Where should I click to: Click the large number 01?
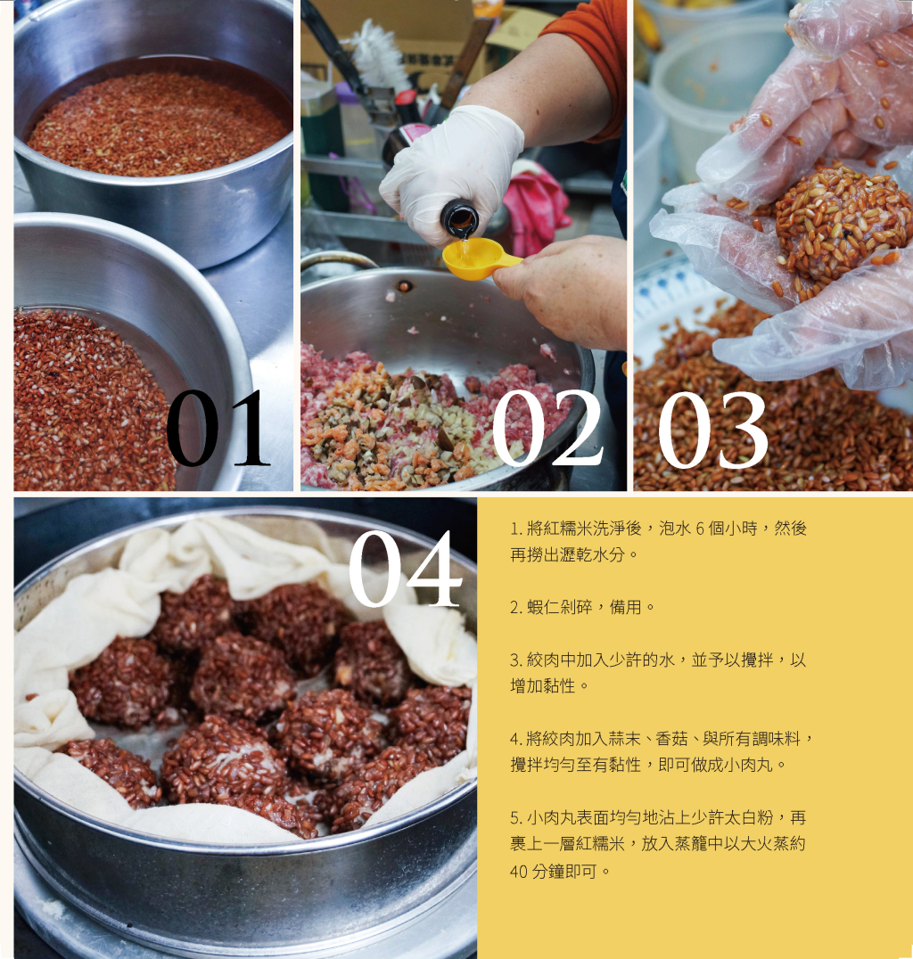218,429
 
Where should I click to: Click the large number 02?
546,429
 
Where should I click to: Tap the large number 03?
713,430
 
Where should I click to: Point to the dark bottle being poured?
459,218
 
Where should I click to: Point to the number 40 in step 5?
518,871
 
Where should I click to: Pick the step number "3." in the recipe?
515,660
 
